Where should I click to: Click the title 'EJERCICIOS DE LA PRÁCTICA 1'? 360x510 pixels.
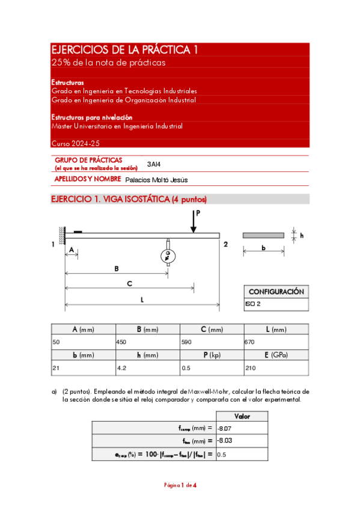(x=125, y=50)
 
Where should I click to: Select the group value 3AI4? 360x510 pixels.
(x=154, y=164)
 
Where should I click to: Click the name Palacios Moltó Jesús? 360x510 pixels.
(x=156, y=179)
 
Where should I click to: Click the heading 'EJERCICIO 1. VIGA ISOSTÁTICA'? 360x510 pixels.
(x=129, y=199)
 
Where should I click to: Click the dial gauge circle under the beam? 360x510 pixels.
(x=168, y=256)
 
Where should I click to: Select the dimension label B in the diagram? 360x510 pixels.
(x=117, y=269)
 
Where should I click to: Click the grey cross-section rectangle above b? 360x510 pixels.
(x=263, y=235)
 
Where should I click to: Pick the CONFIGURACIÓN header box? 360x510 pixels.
(x=276, y=291)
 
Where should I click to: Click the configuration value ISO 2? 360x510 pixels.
(x=252, y=305)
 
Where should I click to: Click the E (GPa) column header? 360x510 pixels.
(x=276, y=355)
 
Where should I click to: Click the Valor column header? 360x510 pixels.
(x=242, y=416)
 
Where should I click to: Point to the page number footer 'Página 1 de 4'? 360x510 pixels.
(x=180, y=485)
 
